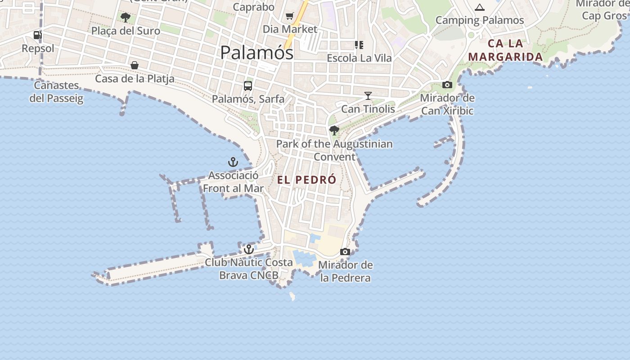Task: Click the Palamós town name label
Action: pyautogui.click(x=256, y=53)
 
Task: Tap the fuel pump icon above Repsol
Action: pyautogui.click(x=38, y=35)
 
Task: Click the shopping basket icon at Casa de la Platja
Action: pyautogui.click(x=134, y=66)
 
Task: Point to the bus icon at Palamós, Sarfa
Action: pyautogui.click(x=247, y=86)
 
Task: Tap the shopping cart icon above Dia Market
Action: pyautogui.click(x=290, y=16)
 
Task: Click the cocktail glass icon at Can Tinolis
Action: pyautogui.click(x=368, y=96)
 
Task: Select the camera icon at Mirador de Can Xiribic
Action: pyautogui.click(x=447, y=85)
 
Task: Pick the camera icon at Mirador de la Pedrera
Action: pyautogui.click(x=345, y=252)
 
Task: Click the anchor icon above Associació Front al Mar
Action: pyautogui.click(x=233, y=162)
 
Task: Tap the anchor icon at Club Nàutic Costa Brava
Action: pyautogui.click(x=249, y=249)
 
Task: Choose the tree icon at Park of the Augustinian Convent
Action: pyautogui.click(x=334, y=130)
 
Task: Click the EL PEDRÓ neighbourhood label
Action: pyautogui.click(x=306, y=180)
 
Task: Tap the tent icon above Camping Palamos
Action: pyautogui.click(x=480, y=7)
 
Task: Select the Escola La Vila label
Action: pyautogui.click(x=359, y=58)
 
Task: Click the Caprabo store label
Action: pyautogui.click(x=254, y=7)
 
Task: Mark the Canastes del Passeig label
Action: pyautogui.click(x=57, y=92)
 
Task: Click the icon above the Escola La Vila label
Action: pyautogui.click(x=359, y=45)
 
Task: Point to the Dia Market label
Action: pyautogui.click(x=290, y=29)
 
